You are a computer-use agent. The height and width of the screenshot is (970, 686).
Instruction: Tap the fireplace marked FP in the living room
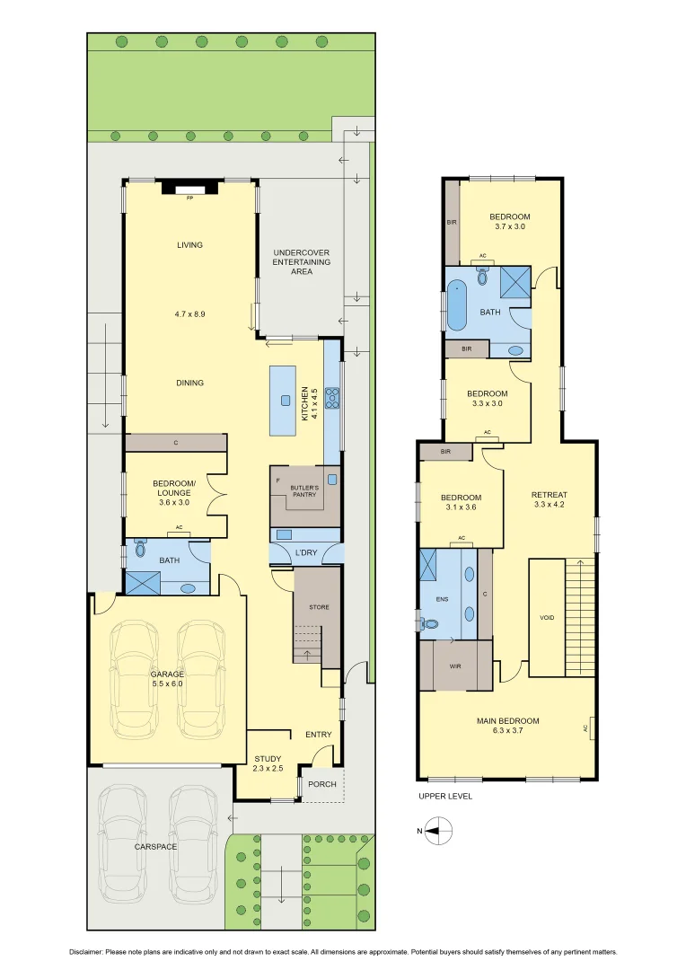[189, 188]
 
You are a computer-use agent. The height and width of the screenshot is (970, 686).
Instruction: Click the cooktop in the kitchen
[331, 397]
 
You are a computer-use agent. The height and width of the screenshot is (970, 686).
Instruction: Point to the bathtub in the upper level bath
[456, 304]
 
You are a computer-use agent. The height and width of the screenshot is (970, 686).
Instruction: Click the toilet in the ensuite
[431, 623]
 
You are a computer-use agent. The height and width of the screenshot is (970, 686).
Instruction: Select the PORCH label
[322, 784]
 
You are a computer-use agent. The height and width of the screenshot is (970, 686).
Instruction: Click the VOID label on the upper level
[546, 618]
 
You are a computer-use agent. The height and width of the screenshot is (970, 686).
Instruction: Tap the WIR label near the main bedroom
[455, 666]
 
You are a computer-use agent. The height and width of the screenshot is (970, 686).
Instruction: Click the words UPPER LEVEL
[444, 796]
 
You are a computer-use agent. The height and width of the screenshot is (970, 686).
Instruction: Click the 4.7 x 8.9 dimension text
[189, 314]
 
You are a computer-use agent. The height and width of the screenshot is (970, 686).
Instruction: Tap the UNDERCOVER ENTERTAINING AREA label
[302, 262]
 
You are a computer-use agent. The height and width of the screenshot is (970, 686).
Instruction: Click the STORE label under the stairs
[319, 607]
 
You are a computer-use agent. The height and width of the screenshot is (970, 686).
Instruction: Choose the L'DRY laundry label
[305, 553]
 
